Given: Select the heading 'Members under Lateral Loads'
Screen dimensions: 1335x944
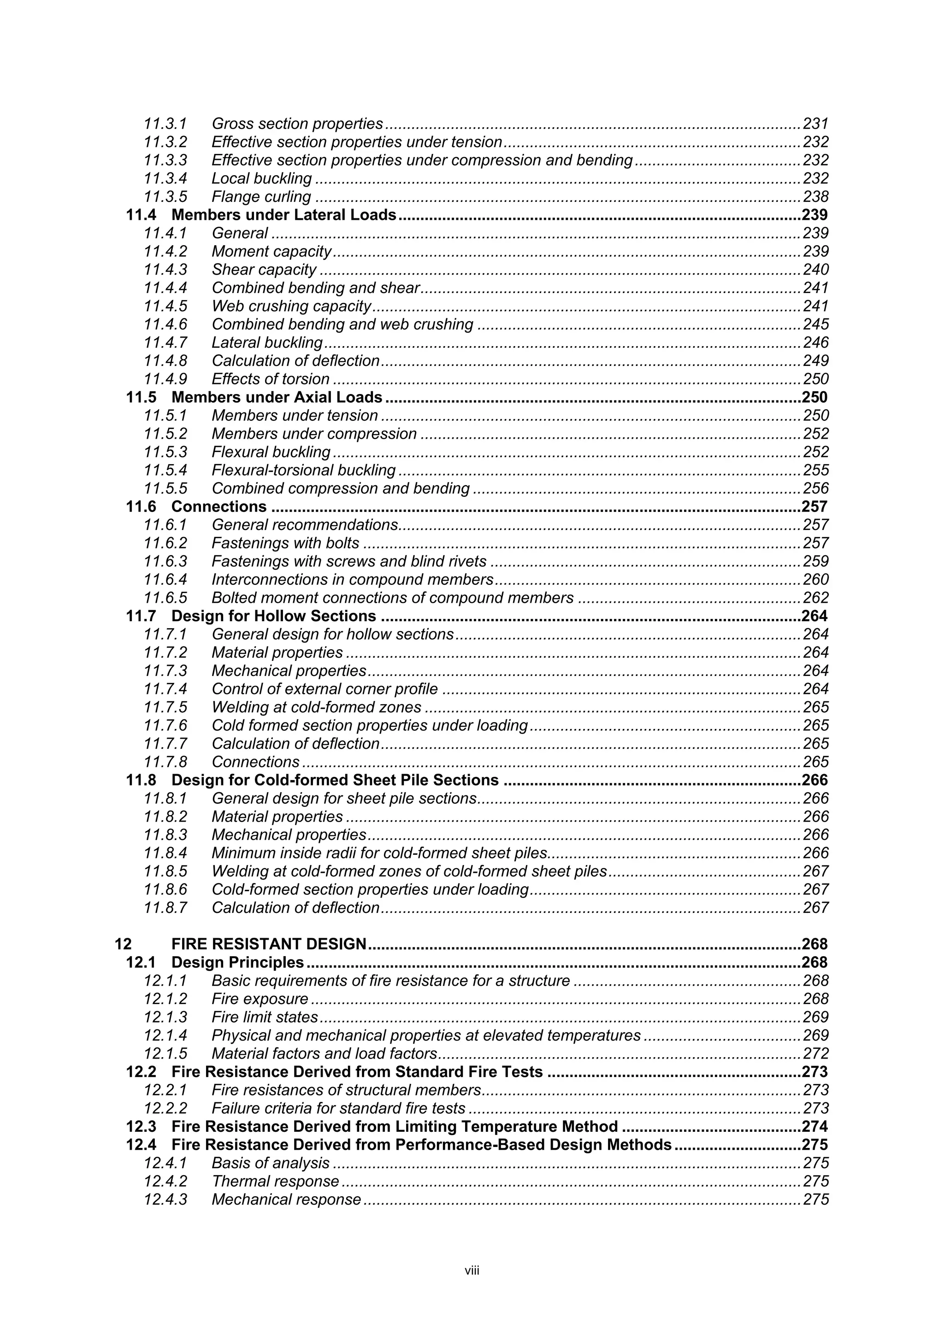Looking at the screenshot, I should (x=284, y=215).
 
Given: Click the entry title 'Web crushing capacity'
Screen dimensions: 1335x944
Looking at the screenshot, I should (x=291, y=306).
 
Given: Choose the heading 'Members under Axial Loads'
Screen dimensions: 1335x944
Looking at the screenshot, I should (x=277, y=397).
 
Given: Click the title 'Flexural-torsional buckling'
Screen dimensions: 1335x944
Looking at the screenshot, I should (x=303, y=470).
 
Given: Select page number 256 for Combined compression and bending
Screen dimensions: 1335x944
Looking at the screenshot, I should (x=815, y=488).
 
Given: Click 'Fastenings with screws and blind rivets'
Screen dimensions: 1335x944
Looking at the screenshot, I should (x=349, y=561).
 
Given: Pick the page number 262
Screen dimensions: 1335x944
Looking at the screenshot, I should (x=815, y=598).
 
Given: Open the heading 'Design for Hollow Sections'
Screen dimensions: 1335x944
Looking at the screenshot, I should (x=274, y=616).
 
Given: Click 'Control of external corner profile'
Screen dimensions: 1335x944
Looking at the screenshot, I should (x=324, y=689).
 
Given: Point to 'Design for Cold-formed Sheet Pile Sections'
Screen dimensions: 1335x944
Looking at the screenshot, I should (x=335, y=780).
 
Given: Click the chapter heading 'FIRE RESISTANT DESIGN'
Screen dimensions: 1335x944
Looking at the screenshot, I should (x=269, y=944).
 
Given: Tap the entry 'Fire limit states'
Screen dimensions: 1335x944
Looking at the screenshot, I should (x=265, y=1017).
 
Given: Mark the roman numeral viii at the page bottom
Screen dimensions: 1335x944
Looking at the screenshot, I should (x=472, y=1270).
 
